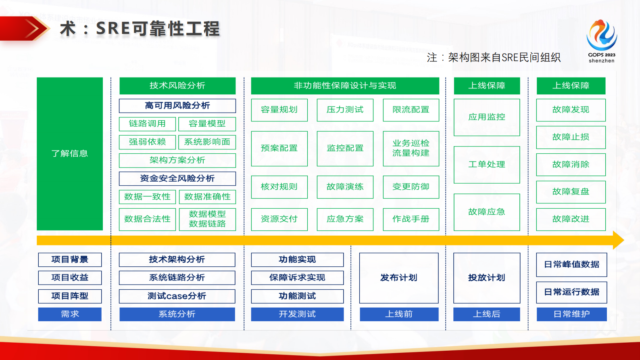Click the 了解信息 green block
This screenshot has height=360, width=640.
69,153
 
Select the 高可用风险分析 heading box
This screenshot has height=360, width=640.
177,106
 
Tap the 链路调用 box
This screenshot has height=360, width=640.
147,124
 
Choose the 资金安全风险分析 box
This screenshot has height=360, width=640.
177,178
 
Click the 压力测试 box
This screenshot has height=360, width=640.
345,110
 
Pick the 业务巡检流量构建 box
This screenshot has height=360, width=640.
411,148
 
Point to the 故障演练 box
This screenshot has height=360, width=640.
345,187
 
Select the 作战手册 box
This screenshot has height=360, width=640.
411,219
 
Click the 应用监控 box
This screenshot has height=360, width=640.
486,117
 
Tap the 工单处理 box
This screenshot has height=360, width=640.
486,164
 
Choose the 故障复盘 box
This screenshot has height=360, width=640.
571,192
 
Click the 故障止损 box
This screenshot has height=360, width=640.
571,137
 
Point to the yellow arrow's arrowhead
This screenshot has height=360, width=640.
618,240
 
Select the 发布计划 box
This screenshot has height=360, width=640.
398,278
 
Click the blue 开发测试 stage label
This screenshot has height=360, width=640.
297,314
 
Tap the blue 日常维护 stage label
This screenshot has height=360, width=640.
571,314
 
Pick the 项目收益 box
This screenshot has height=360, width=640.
70,278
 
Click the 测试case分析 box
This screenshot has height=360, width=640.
177,296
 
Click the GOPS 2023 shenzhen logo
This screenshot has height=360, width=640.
601,40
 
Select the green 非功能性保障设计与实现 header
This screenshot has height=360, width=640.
345,86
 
